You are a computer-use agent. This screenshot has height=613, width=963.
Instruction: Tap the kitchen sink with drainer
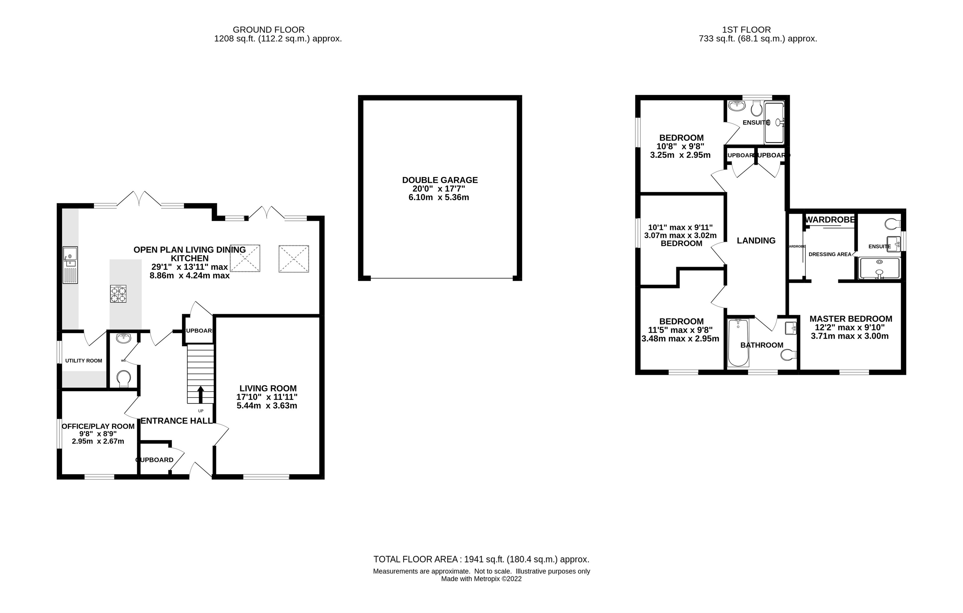pos(70,265)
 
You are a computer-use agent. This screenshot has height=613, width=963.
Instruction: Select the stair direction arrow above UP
pos(200,394)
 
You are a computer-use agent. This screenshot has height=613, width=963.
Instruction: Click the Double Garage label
pos(440,180)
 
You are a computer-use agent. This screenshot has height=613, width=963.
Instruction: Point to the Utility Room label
pos(83,361)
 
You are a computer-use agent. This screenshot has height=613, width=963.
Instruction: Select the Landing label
pos(756,241)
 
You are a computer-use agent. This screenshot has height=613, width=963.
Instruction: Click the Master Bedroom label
pos(851,319)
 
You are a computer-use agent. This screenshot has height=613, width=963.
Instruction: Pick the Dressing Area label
pos(830,255)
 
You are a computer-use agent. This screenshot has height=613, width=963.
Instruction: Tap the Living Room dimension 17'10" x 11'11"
pos(267,397)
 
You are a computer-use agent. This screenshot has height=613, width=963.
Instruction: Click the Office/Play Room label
pos(98,426)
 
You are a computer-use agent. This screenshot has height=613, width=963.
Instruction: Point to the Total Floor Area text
pos(481,559)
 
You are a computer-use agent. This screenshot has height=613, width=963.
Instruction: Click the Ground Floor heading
pos(268,29)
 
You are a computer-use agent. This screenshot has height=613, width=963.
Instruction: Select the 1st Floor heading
pos(746,29)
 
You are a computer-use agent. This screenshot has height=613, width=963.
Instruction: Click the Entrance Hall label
pos(176,421)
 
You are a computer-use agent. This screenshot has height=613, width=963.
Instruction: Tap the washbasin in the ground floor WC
pos(123,339)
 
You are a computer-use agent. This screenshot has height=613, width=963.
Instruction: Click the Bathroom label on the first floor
pos(761,345)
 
